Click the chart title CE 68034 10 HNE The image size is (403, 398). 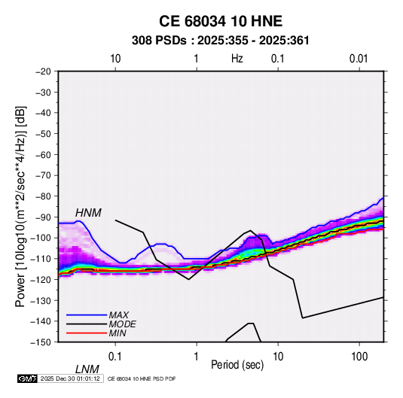221,21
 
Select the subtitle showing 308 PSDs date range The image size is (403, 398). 221,41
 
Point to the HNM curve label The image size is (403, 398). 88,213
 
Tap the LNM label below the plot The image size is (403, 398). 87,369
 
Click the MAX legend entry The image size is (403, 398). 118,314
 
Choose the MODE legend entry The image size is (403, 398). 122,324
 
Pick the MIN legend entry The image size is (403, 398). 118,333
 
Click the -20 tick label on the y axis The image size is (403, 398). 43,71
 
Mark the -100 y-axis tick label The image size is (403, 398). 41,238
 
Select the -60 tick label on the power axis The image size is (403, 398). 43,154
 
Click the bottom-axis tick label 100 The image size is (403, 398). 359,357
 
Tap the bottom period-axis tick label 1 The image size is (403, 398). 197,357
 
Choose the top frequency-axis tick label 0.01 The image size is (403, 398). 359,59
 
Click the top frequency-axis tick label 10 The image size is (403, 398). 115,59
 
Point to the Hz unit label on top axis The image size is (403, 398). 237,59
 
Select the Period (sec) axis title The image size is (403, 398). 237,365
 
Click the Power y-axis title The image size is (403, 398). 20,206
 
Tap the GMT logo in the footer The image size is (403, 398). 28,378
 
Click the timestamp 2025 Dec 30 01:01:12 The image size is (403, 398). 70,378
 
